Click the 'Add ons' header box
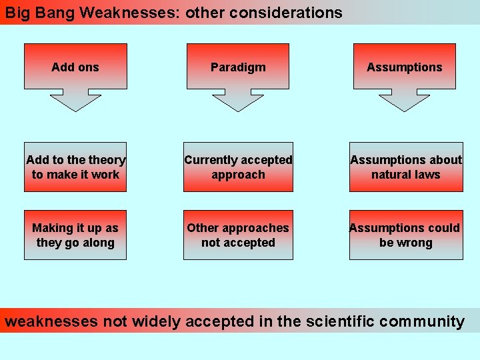[x=75, y=67]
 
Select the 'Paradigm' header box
[x=238, y=67]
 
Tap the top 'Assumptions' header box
[x=405, y=67]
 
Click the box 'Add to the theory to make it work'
[x=75, y=167]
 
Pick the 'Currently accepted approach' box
[x=238, y=167]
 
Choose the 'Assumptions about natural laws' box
[x=406, y=167]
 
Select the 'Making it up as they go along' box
[x=75, y=235]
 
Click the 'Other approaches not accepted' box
[x=238, y=235]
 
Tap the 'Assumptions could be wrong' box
[x=406, y=235]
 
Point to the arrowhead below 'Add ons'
[x=75, y=101]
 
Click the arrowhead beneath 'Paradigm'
[x=238, y=101]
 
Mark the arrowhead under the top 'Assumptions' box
[x=405, y=101]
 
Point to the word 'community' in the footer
[x=422, y=321]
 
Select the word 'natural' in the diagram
[x=393, y=175]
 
